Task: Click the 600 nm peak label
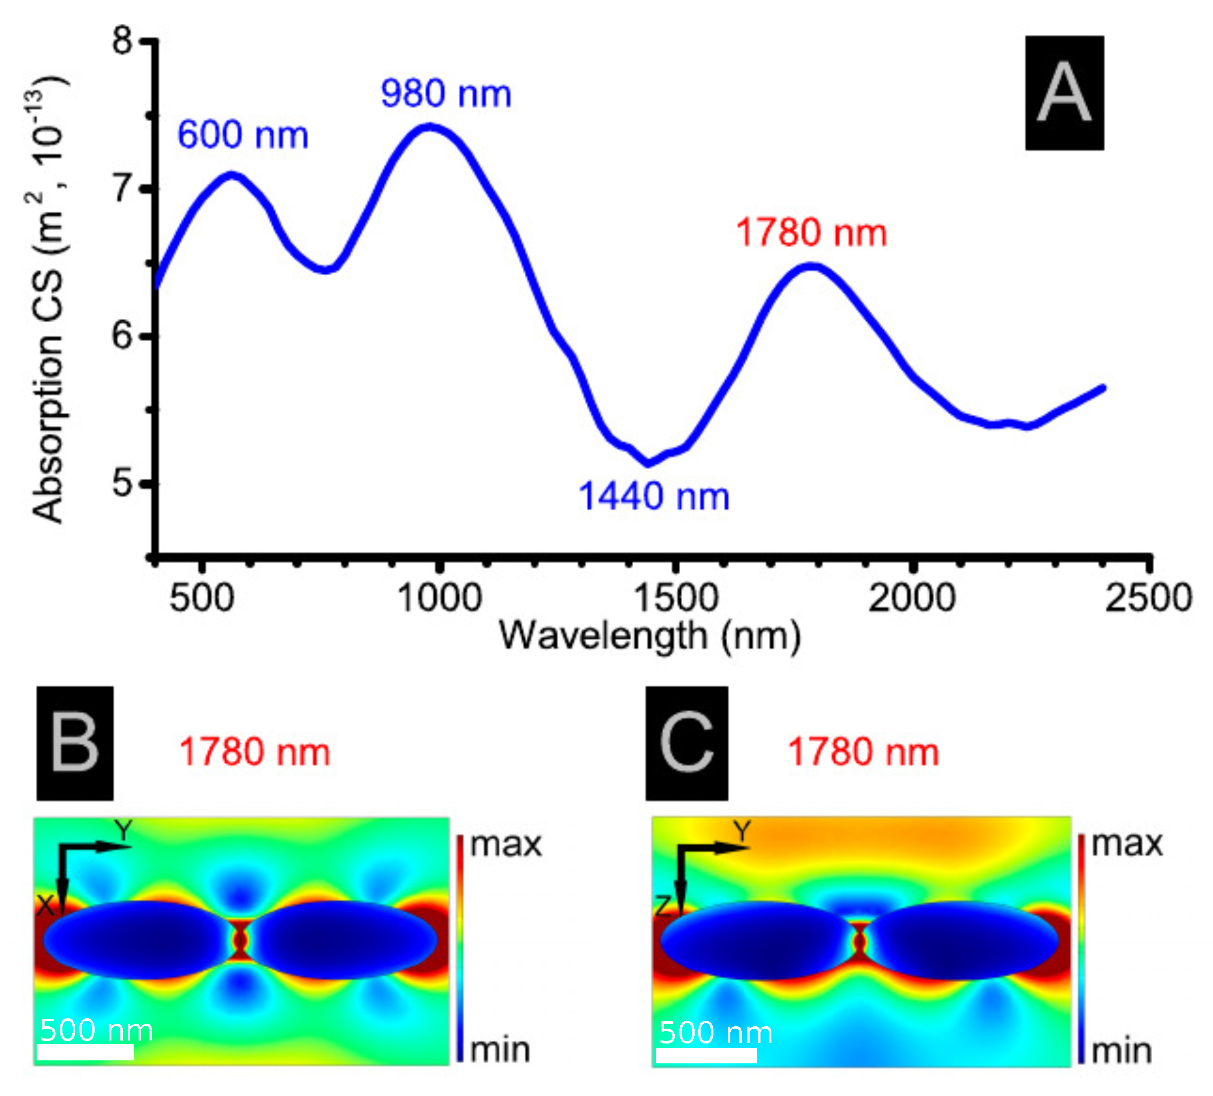click(243, 134)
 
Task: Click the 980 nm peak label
click(446, 94)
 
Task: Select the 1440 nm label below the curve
click(654, 497)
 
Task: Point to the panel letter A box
click(1064, 93)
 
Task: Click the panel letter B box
click(75, 744)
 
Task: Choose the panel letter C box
click(687, 744)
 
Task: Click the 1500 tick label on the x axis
click(676, 598)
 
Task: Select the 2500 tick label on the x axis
click(1148, 598)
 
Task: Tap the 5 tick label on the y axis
click(123, 483)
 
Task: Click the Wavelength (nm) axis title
click(650, 637)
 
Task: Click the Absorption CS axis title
click(48, 301)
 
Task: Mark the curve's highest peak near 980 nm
click(429, 127)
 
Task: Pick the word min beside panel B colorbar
click(500, 1051)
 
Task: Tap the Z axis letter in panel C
click(662, 906)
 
